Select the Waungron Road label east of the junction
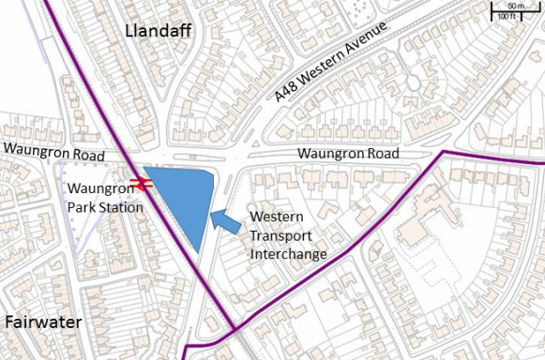click(x=348, y=154)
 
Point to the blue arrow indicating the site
click(x=224, y=221)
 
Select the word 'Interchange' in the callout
click(x=289, y=253)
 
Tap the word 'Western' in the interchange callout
click(x=278, y=217)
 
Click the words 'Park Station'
click(x=105, y=205)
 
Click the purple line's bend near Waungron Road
click(x=444, y=152)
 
